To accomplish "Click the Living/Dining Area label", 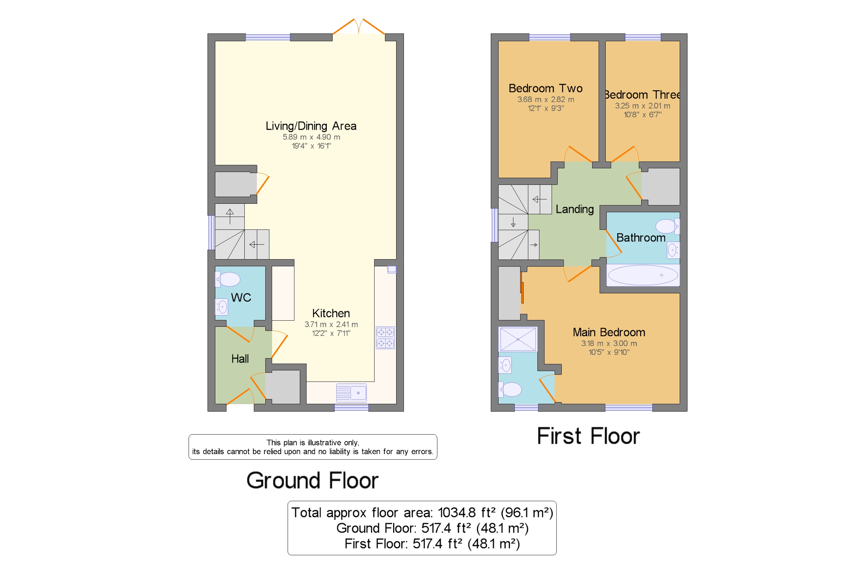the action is pyautogui.click(x=311, y=126).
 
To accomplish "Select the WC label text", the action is pyautogui.click(x=241, y=297).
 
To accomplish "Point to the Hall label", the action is pyautogui.click(x=240, y=358).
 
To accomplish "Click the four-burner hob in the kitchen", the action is pyautogui.click(x=385, y=338).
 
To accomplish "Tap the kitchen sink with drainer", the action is pyautogui.click(x=351, y=392).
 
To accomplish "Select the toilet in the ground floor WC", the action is pyautogui.click(x=228, y=279).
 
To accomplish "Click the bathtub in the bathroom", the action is pyautogui.click(x=643, y=275).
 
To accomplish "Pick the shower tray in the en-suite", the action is pyautogui.click(x=518, y=339).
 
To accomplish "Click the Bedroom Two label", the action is pyautogui.click(x=546, y=88).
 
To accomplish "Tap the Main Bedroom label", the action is pyautogui.click(x=609, y=332).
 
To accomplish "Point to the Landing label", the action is pyautogui.click(x=575, y=209).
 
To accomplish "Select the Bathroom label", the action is pyautogui.click(x=641, y=238).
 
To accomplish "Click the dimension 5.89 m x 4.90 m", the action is pyautogui.click(x=311, y=137).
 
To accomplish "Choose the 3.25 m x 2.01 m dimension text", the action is pyautogui.click(x=643, y=105).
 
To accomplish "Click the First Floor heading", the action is pyautogui.click(x=588, y=436).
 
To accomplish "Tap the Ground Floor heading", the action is pyautogui.click(x=312, y=481).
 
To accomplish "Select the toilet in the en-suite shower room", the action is pyautogui.click(x=510, y=389).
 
